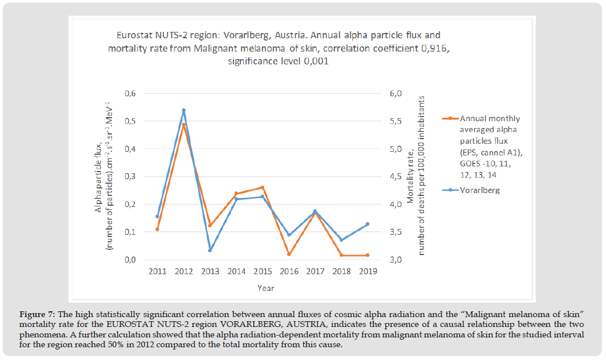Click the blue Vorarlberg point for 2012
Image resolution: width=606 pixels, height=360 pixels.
(184, 110)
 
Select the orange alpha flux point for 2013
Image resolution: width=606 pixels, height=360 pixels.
(210, 226)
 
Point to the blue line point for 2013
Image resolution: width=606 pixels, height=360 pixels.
(210, 250)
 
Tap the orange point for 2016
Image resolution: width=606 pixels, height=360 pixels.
(289, 254)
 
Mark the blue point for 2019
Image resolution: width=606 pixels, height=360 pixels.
(368, 224)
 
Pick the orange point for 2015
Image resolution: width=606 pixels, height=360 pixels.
(263, 187)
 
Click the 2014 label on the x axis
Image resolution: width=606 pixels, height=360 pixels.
(236, 271)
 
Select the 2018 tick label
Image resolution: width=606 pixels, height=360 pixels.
(342, 271)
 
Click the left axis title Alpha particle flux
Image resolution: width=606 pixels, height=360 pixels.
(103, 176)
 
